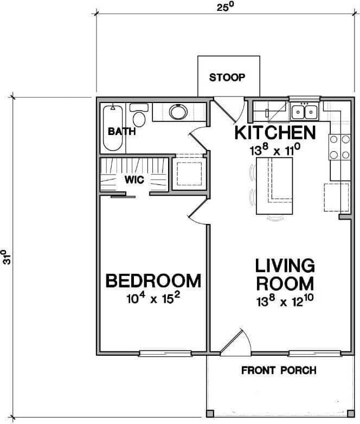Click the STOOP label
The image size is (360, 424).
pyautogui.click(x=227, y=77)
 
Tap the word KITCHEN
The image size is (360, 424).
pyautogui.click(x=274, y=133)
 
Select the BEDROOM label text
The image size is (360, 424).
pyautogui.click(x=153, y=281)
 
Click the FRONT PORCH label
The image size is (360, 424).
pyautogui.click(x=279, y=371)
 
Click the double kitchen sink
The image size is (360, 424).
pyautogui.click(x=304, y=112)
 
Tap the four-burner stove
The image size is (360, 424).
pyautogui.click(x=339, y=147)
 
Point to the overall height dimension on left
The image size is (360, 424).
pyautogui.click(x=7, y=257)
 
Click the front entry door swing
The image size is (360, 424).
pyautogui.click(x=234, y=343)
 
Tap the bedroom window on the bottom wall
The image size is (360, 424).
pyautogui.click(x=165, y=354)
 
